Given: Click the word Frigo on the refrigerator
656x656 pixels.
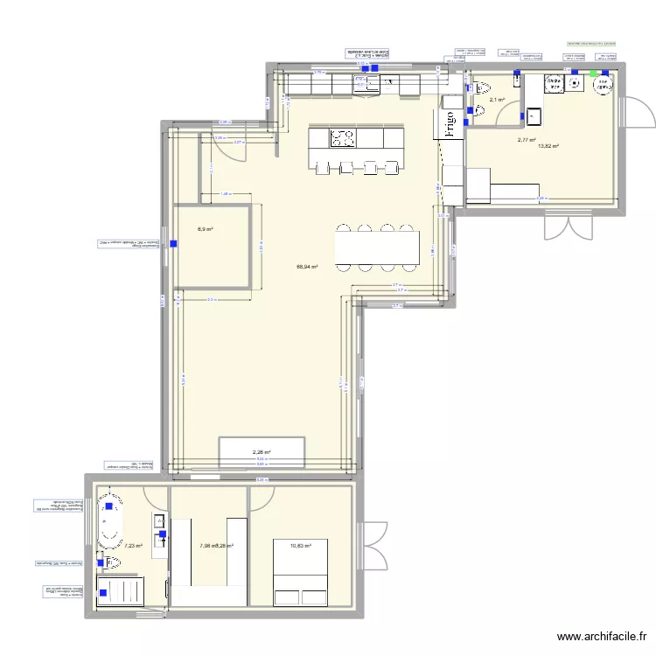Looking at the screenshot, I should pos(450,123).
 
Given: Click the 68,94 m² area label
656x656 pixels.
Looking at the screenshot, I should pos(307,268).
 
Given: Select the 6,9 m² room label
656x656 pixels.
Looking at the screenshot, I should pos(206,230).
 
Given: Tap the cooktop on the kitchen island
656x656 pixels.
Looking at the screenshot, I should pos(343,137).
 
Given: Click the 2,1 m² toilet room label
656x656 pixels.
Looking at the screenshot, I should pos(497,100).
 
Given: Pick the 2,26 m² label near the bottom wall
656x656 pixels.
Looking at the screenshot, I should pos(262,452).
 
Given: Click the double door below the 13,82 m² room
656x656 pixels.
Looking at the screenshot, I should pos(562,227).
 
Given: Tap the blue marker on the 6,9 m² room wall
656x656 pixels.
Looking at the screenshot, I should pos(172,244).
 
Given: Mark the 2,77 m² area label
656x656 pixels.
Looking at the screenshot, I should pos(526,139).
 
